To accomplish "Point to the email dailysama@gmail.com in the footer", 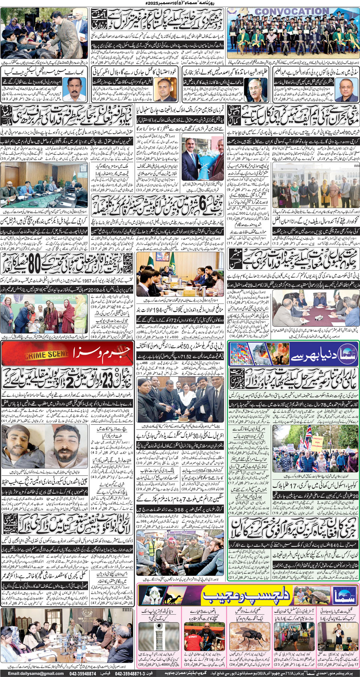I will tap(36, 673).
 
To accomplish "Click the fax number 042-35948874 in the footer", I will tap(82, 673).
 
